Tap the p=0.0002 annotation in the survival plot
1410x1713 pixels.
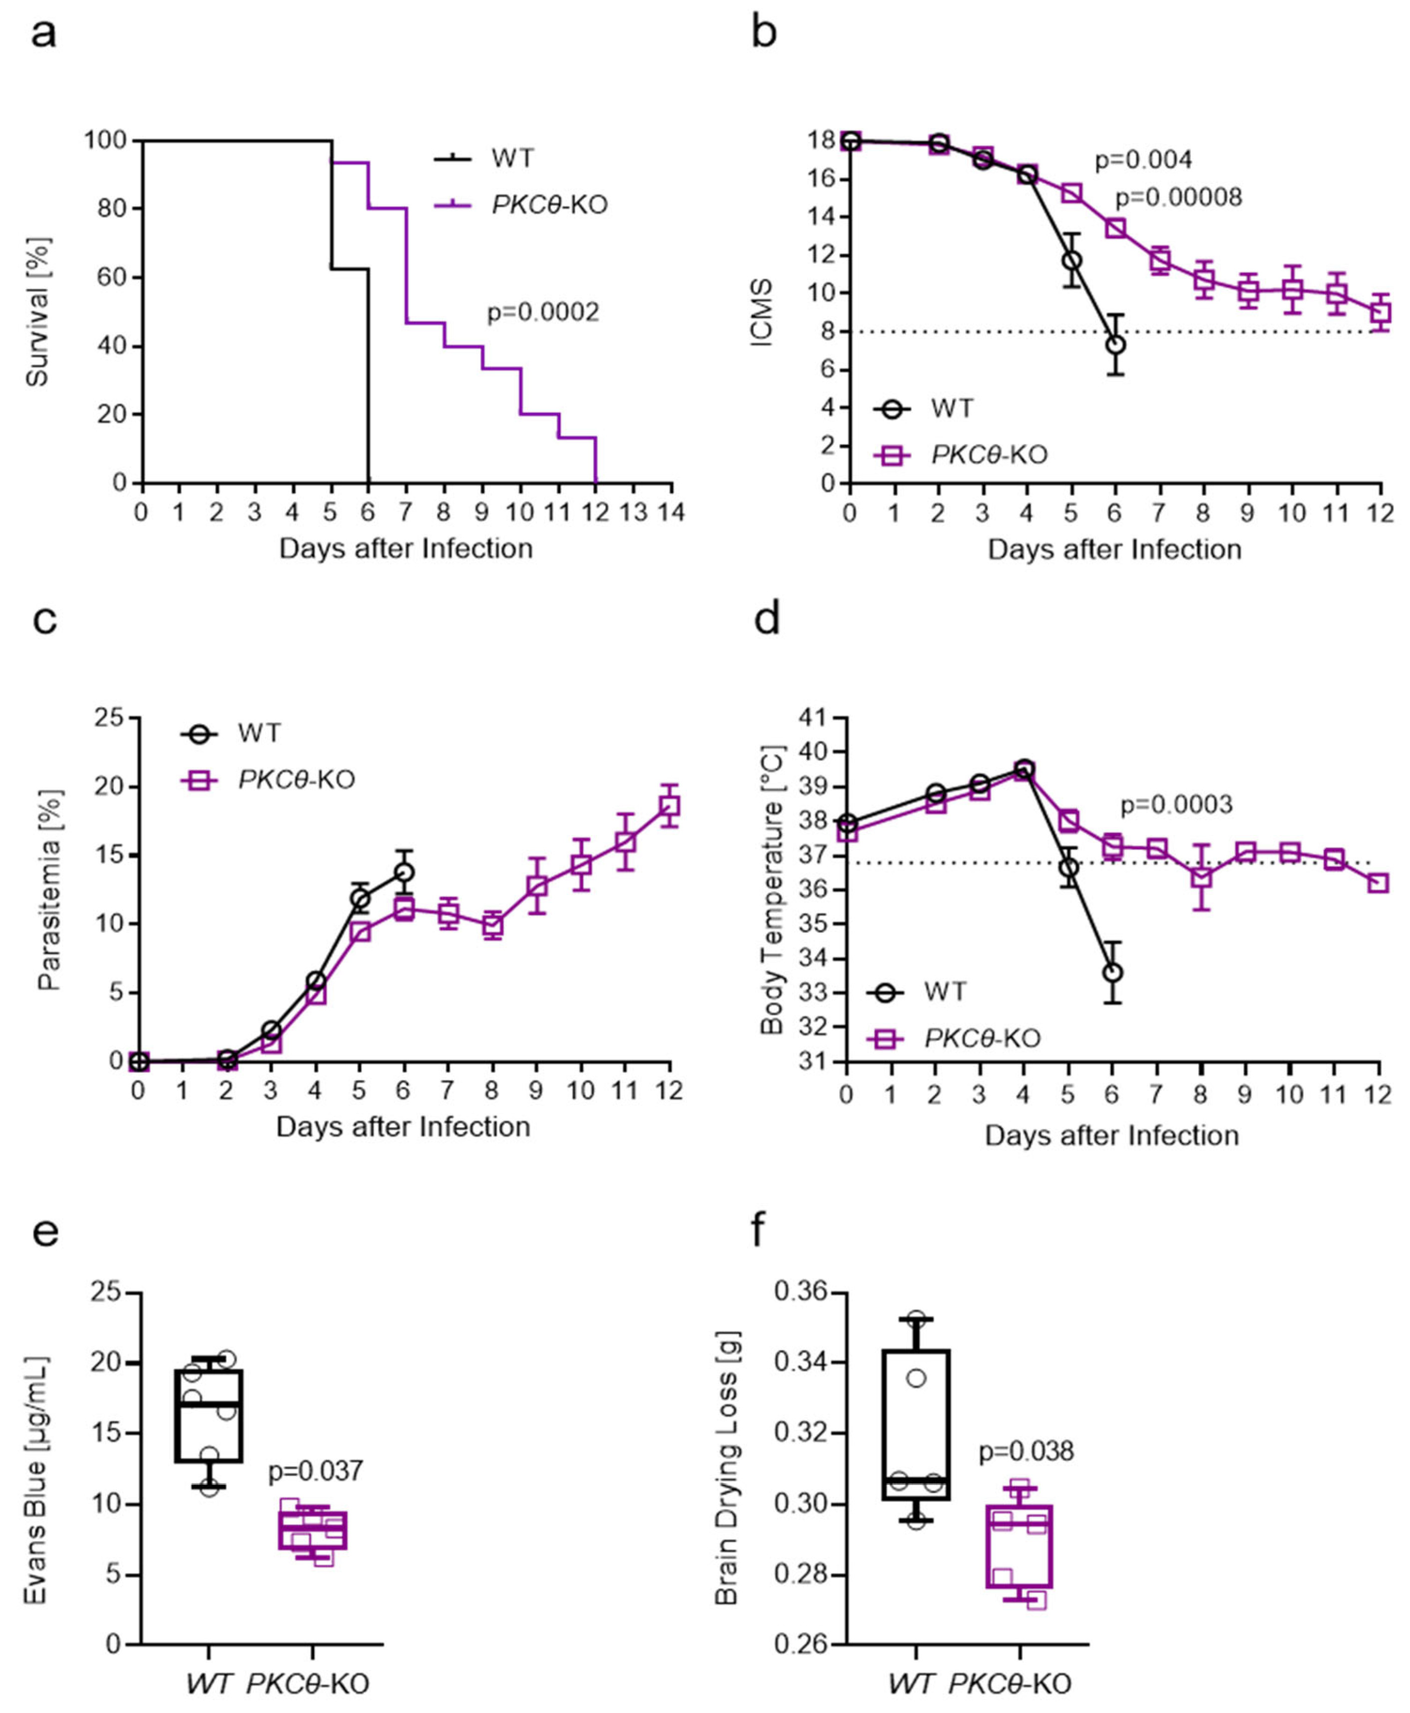(x=543, y=313)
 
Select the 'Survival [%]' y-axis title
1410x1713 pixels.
(x=37, y=312)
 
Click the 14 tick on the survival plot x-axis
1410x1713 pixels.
(x=671, y=512)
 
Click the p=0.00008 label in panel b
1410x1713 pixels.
(x=1178, y=197)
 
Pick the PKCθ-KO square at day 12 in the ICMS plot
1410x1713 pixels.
(x=1380, y=313)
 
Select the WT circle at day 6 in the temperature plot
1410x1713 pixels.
(x=1113, y=972)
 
